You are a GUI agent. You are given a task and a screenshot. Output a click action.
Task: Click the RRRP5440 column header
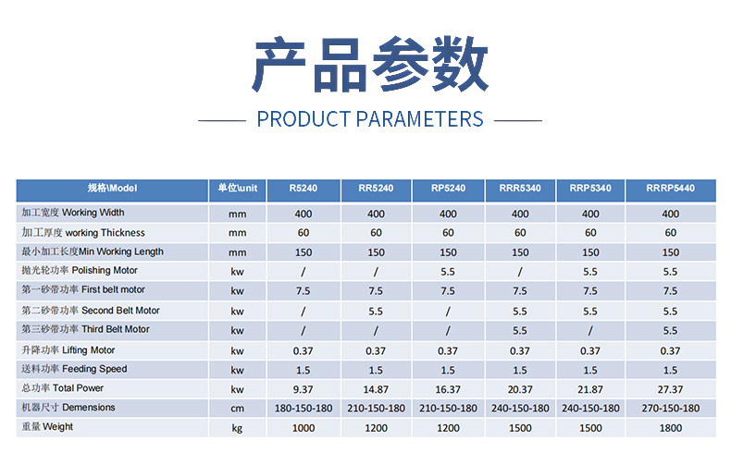tap(670, 189)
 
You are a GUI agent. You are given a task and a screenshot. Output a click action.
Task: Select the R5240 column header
tap(303, 189)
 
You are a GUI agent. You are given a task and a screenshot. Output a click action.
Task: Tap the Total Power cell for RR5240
tap(376, 389)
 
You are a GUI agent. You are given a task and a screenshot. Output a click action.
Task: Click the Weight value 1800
tap(671, 428)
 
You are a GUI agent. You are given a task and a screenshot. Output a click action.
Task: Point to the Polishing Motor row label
tap(80, 270)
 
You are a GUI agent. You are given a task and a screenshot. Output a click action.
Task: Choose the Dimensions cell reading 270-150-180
tap(671, 409)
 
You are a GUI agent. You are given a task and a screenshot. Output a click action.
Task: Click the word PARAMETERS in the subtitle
tap(419, 119)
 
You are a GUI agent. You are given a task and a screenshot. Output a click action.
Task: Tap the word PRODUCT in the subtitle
tap(304, 119)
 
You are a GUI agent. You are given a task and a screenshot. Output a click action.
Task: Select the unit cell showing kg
tap(237, 428)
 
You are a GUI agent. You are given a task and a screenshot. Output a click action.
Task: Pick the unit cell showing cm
tap(237, 409)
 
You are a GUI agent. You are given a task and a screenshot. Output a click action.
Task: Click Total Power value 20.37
tap(520, 389)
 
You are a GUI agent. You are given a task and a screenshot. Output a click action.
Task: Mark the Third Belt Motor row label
tap(85, 329)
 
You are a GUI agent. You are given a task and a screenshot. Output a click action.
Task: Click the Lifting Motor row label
tap(68, 350)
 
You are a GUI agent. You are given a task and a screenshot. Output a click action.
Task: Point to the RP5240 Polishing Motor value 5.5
tap(448, 272)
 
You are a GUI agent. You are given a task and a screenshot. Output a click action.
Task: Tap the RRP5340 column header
tap(590, 189)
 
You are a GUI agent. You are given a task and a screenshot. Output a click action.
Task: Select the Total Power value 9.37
tap(303, 389)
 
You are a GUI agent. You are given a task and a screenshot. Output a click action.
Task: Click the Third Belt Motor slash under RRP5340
tap(590, 331)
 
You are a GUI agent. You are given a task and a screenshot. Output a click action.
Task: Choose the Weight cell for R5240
tap(303, 428)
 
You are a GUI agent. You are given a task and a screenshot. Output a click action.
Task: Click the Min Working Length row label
tap(93, 251)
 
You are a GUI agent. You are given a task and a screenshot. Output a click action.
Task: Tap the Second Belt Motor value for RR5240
tap(376, 312)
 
